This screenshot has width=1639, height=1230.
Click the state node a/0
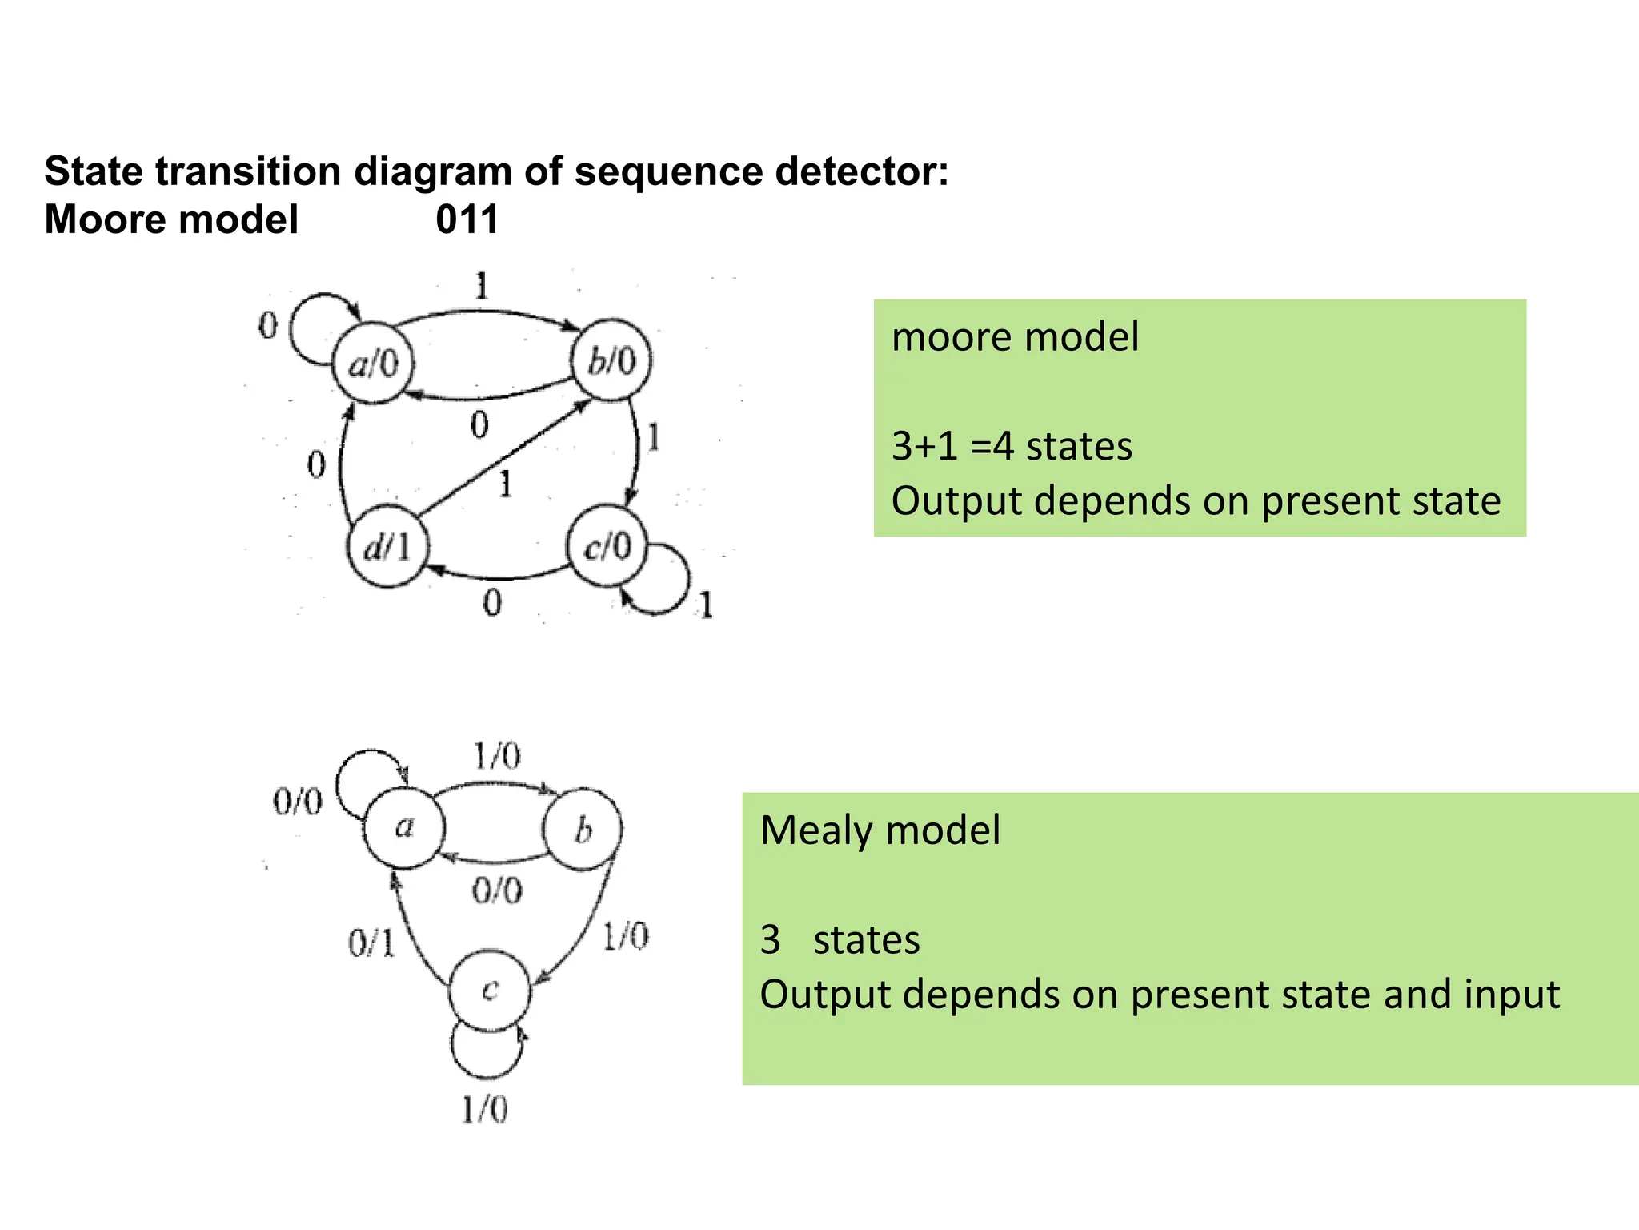[x=373, y=364]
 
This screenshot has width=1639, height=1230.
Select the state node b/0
[x=611, y=360]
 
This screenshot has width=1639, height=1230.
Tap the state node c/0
[x=607, y=547]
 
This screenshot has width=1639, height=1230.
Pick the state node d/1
[x=388, y=548]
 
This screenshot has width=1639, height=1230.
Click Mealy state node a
[x=403, y=827]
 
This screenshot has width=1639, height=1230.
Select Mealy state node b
[x=583, y=830]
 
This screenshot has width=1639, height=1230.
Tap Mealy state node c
[x=490, y=991]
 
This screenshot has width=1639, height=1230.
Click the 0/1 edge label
[x=371, y=943]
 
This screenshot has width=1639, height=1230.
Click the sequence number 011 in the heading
[x=467, y=219]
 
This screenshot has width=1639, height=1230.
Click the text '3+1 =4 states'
[x=1012, y=446]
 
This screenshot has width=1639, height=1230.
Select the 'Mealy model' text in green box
[x=880, y=830]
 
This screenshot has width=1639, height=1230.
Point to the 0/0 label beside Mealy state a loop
[x=298, y=801]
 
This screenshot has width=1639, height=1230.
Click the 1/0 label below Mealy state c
[x=484, y=1110]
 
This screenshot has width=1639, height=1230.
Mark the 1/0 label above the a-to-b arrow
[x=496, y=755]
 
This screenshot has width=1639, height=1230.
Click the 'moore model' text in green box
[x=1015, y=336]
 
